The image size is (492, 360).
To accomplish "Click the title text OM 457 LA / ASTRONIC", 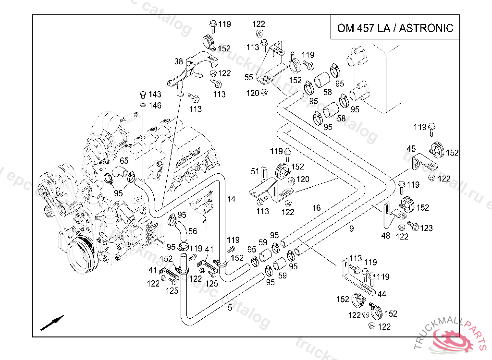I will (x=395, y=27).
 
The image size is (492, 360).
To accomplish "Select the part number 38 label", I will (x=179, y=61).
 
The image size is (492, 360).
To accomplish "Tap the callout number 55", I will (x=248, y=77).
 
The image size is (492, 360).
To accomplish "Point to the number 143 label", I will (x=155, y=95).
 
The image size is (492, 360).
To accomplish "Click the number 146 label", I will (x=155, y=106).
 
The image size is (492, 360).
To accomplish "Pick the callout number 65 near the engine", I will (x=124, y=161).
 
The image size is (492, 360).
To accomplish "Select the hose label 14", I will (x=232, y=199).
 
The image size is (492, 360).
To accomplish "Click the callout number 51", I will (x=255, y=171).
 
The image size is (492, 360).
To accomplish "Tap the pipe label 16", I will (x=316, y=208).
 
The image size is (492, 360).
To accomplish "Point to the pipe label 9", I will (x=351, y=229).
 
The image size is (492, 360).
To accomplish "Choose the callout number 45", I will (x=411, y=149).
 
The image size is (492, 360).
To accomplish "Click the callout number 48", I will (x=385, y=236).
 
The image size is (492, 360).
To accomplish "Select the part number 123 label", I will (x=426, y=228).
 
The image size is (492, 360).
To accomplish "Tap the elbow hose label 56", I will (x=193, y=231).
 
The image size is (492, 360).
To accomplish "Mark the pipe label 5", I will (x=230, y=308).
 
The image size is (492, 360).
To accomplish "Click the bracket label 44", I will (x=382, y=293).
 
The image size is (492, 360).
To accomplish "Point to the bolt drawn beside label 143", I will (x=142, y=94).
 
